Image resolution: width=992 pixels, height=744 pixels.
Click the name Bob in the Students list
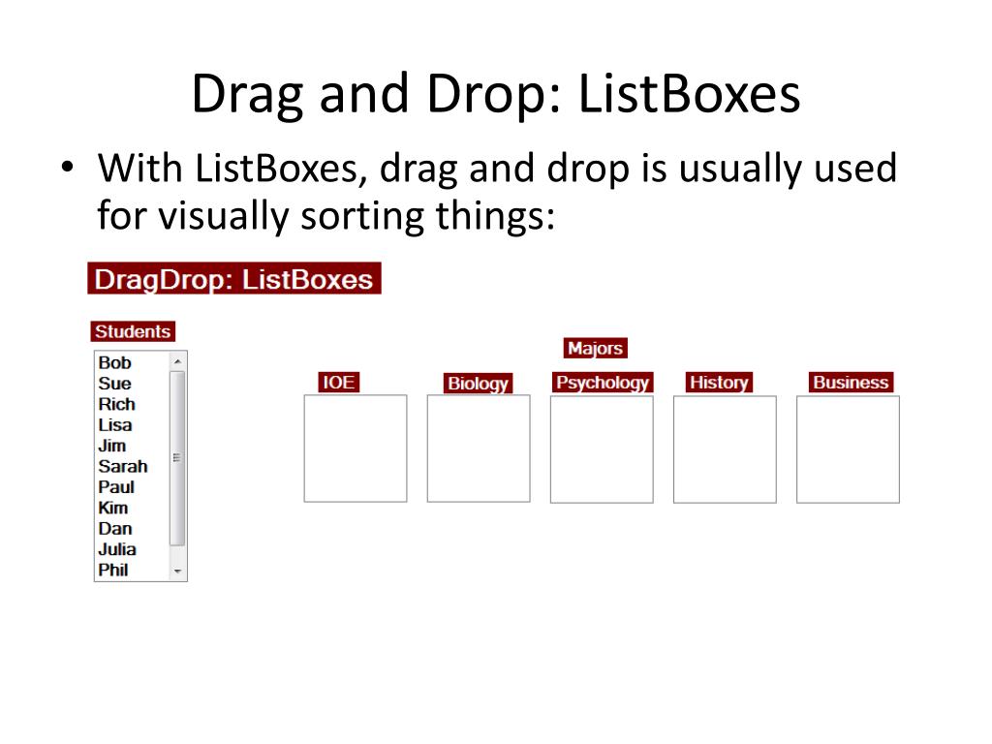tap(114, 363)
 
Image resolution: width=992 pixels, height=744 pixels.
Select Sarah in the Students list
tap(123, 466)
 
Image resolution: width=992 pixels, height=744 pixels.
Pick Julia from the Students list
tap(117, 549)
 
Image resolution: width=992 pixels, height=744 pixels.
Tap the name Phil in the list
tap(113, 570)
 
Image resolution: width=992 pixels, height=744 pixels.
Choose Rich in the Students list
tap(116, 404)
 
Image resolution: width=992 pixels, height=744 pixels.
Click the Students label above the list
tap(133, 331)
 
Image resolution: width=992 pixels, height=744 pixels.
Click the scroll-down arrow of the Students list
tap(177, 572)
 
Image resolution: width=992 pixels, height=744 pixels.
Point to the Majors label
tap(595, 349)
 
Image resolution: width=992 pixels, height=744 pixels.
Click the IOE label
tap(338, 383)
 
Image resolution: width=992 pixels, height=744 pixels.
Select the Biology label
tap(478, 384)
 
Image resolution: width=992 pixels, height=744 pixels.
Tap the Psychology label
tap(602, 383)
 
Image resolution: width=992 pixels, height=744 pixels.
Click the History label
tap(718, 383)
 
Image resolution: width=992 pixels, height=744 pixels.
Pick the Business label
tap(851, 383)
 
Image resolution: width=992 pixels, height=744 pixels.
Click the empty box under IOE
tap(356, 449)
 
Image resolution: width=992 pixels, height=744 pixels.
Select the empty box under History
tap(725, 449)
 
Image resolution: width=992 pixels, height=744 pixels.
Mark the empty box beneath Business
tap(848, 449)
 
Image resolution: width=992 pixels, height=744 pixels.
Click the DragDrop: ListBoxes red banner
tap(233, 279)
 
